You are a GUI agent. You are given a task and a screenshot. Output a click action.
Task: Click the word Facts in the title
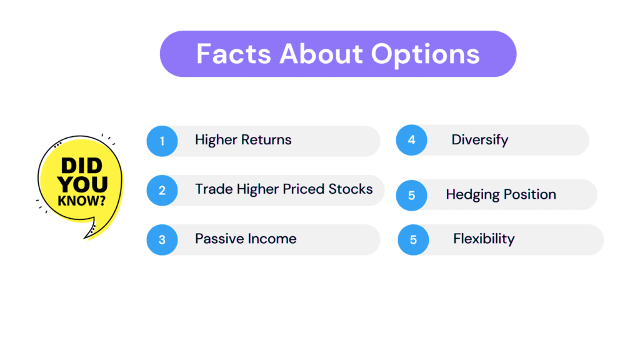(234, 54)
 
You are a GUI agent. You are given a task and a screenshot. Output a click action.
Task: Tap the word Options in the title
(425, 55)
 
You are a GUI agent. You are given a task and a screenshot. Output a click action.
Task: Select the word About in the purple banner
(321, 54)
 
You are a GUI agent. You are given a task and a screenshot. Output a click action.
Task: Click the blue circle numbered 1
(162, 141)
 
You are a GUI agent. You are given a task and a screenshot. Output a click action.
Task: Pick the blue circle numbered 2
(162, 190)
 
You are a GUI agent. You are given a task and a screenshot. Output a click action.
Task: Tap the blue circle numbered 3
(162, 239)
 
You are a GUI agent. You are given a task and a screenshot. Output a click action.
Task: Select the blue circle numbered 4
(411, 140)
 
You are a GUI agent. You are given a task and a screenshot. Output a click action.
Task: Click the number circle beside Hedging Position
(411, 195)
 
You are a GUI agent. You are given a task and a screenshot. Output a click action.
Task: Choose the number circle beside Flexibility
(413, 239)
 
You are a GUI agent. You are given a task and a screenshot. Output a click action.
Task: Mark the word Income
(271, 238)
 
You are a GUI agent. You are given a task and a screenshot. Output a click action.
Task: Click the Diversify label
(480, 140)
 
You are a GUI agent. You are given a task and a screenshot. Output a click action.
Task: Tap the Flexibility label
(484, 239)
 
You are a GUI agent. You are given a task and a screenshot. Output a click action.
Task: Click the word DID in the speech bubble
(82, 166)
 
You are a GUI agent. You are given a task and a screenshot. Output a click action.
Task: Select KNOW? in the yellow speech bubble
(82, 201)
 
